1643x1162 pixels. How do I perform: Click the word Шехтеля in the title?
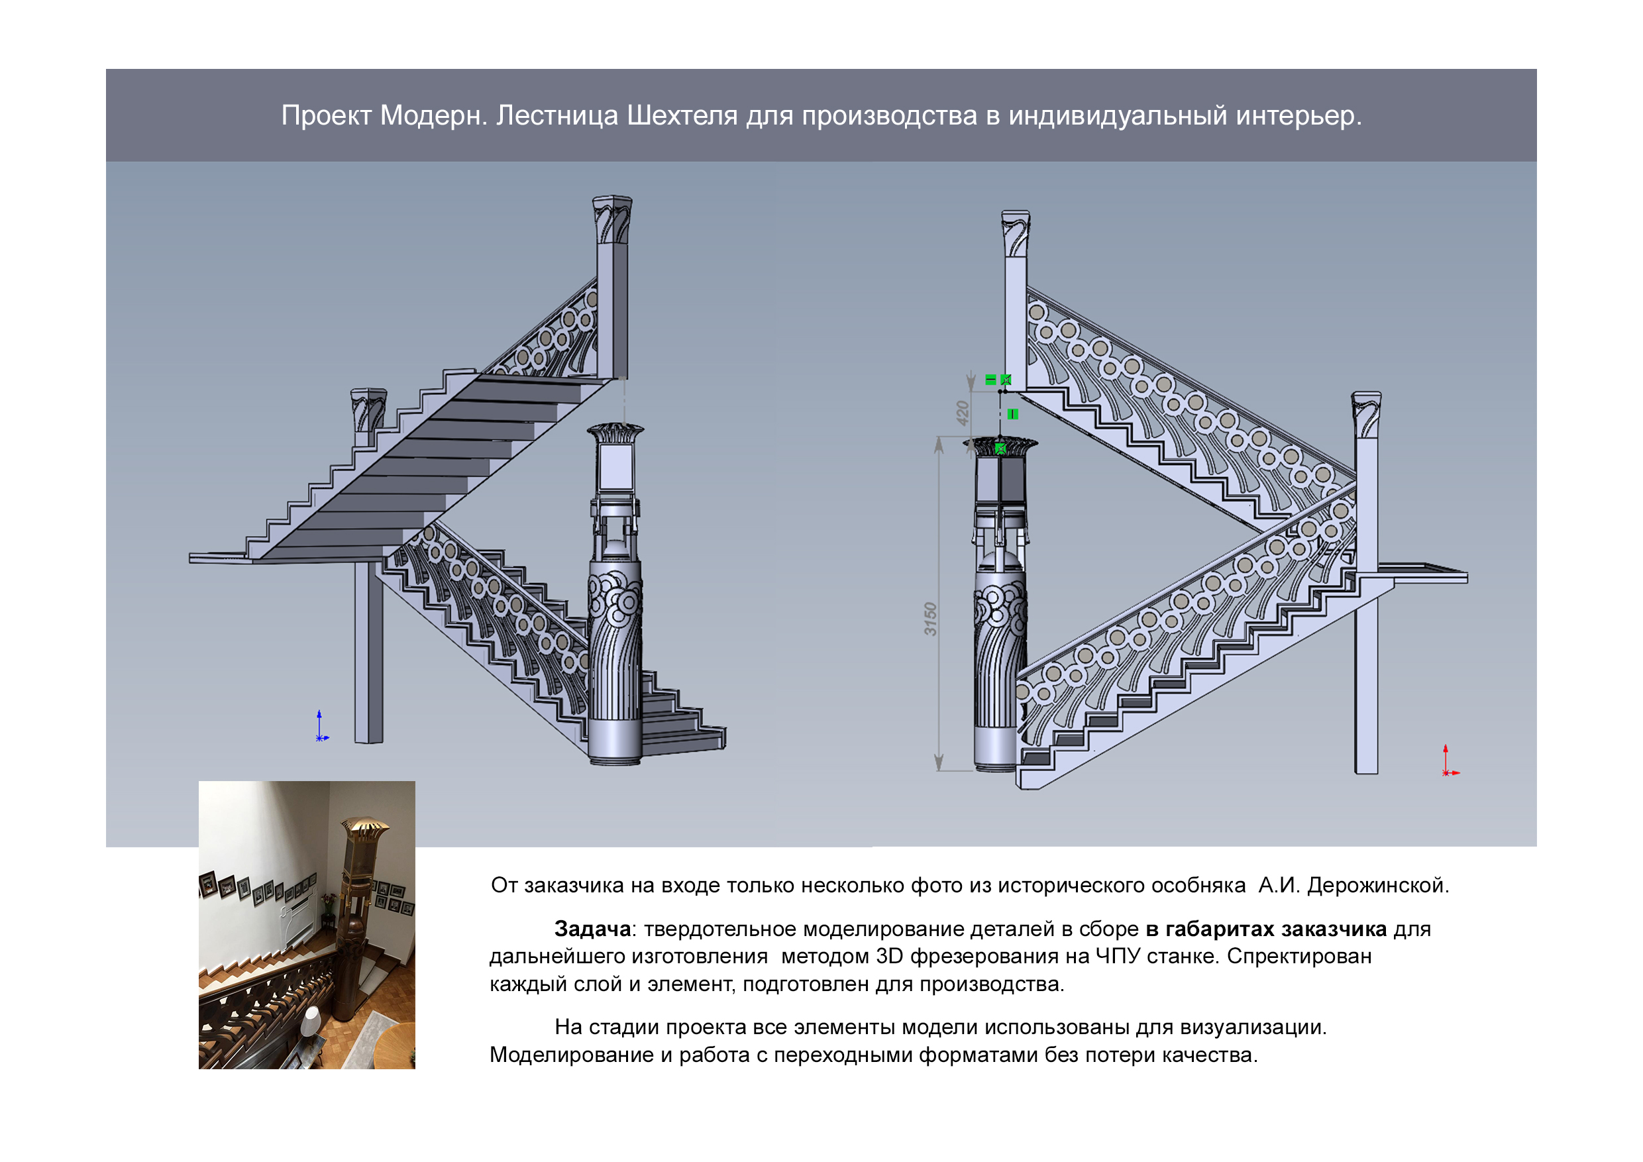coord(681,115)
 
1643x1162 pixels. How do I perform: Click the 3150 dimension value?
coord(930,619)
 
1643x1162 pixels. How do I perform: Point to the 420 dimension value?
coord(963,413)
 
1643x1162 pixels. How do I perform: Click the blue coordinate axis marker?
coord(321,727)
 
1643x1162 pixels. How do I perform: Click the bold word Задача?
coord(592,929)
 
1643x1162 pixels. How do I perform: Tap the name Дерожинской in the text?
coord(1377,885)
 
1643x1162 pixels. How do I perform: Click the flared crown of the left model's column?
coord(615,432)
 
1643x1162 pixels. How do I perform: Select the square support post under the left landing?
coord(368,651)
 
